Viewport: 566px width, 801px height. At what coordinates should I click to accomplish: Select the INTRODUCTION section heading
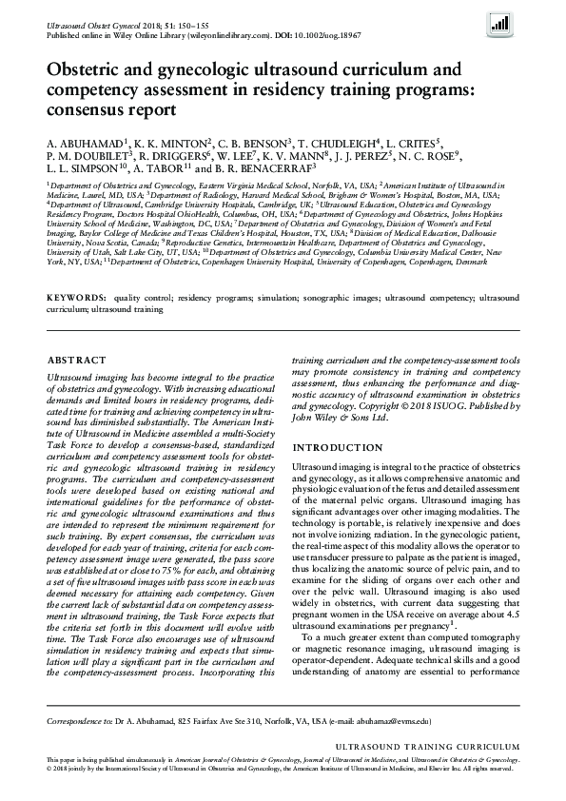(x=336, y=447)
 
